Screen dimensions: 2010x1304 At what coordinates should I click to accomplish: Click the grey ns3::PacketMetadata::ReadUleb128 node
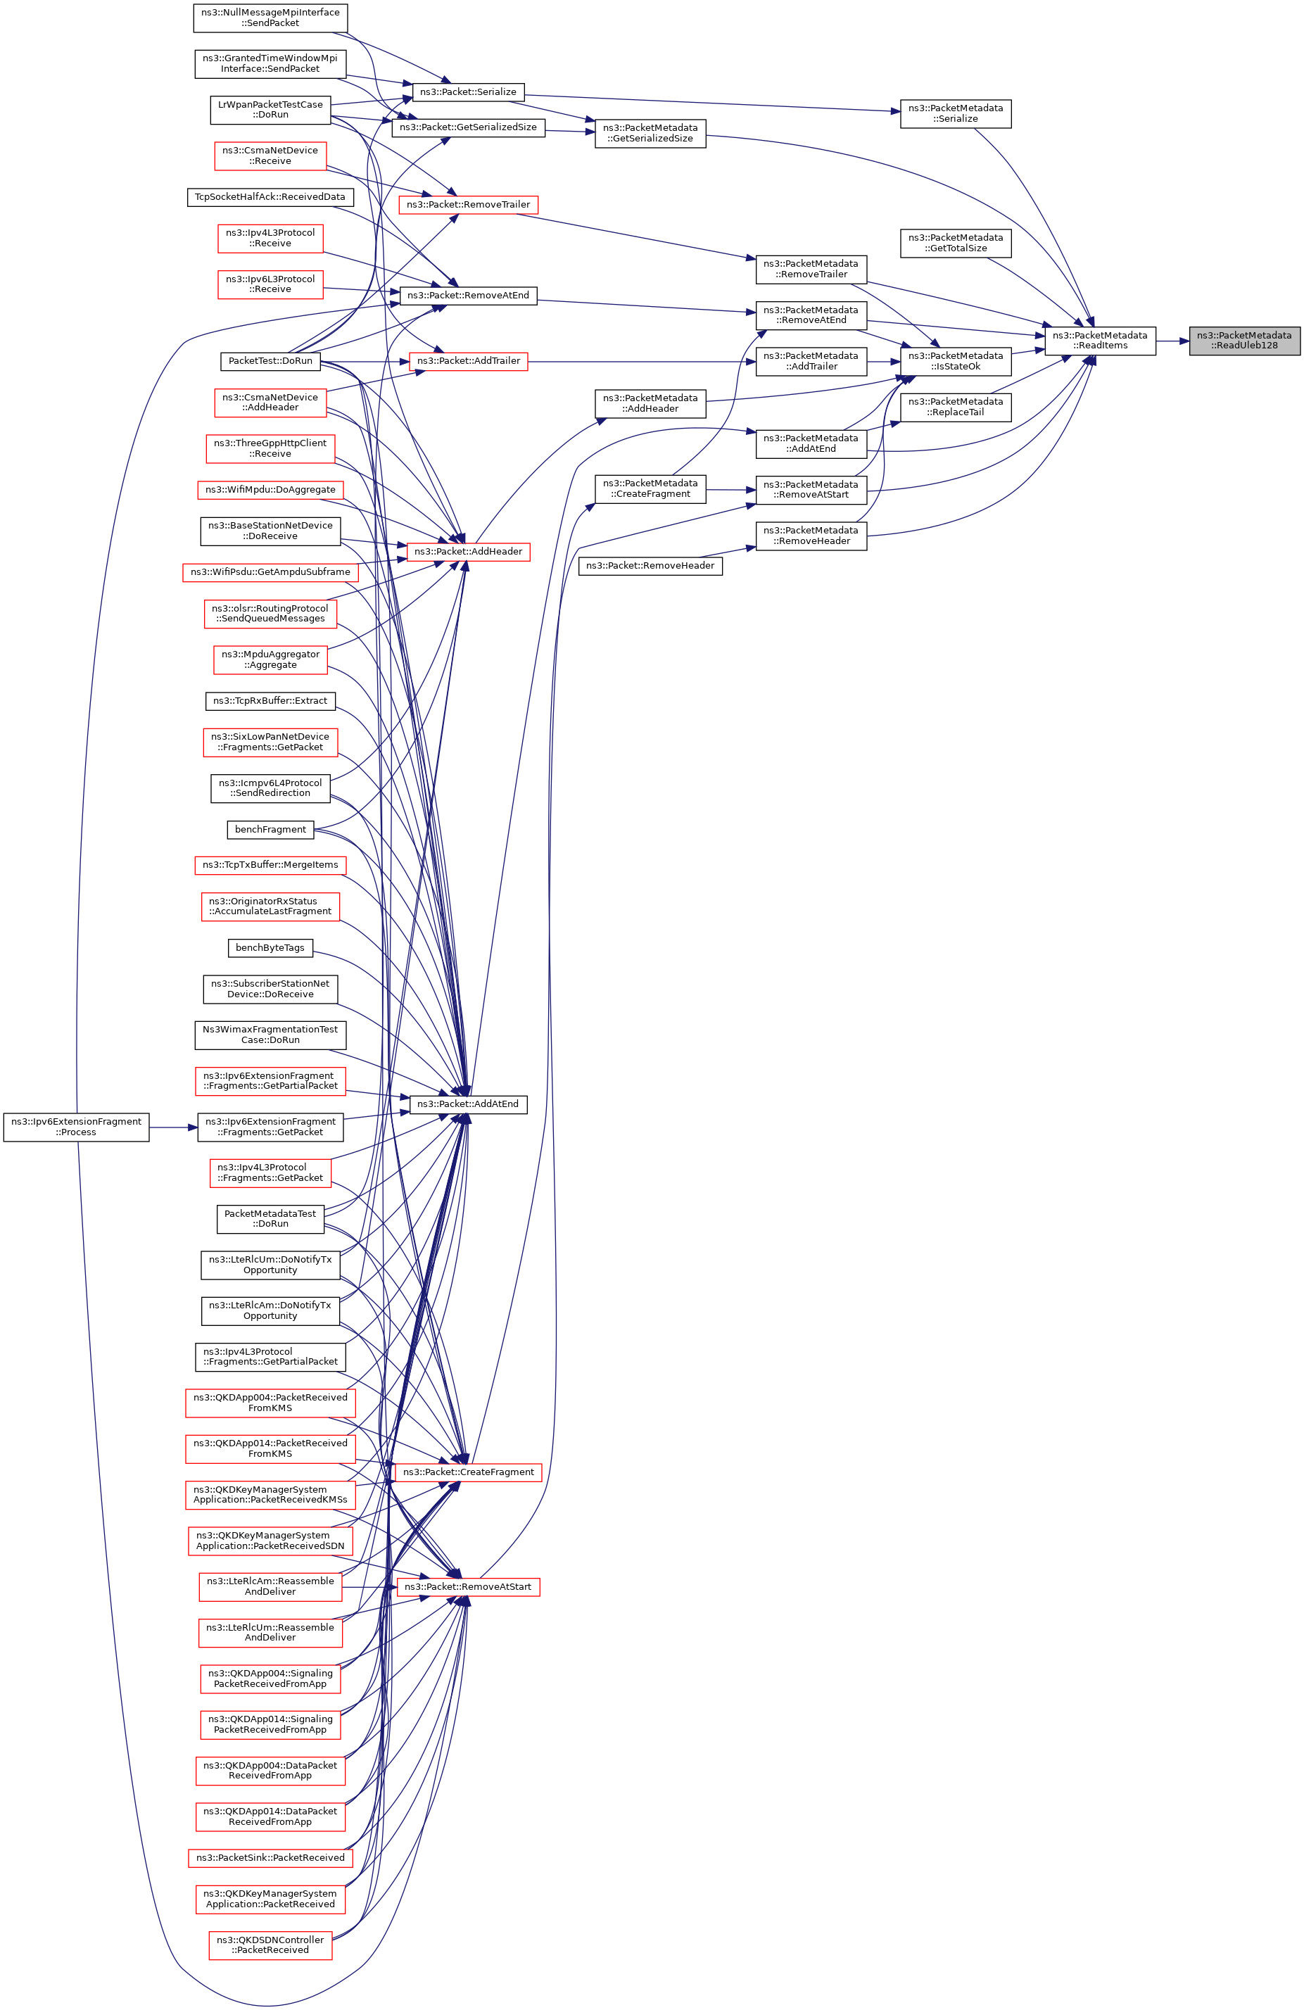coord(1243,341)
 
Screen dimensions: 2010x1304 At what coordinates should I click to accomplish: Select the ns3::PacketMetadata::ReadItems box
coord(1100,341)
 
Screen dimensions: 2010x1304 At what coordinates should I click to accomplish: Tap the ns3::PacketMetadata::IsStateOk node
coord(955,362)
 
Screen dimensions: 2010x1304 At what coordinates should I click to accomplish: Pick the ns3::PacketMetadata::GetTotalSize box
coord(955,244)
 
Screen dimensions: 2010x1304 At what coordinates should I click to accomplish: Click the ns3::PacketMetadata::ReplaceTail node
coord(955,407)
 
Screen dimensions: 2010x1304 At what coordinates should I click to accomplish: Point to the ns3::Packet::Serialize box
coord(468,92)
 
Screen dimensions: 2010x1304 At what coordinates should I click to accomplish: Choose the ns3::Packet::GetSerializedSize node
coord(468,127)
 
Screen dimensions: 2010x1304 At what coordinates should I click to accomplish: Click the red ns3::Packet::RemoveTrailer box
coord(468,204)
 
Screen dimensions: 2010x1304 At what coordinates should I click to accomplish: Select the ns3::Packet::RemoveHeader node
coord(650,566)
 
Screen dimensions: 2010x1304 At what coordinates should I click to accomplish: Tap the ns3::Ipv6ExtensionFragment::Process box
coord(76,1127)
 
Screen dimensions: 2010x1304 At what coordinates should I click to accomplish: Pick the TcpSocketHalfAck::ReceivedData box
coord(270,198)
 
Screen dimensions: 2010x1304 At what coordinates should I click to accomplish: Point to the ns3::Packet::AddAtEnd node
coord(468,1104)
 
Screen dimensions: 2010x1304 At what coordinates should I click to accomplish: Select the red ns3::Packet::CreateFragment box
coord(468,1472)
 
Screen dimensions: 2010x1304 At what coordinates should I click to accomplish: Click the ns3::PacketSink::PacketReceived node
coord(270,1857)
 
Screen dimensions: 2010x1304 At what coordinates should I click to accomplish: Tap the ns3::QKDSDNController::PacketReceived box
coord(270,1945)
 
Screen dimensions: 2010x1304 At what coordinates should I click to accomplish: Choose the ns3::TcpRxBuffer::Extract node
coord(270,701)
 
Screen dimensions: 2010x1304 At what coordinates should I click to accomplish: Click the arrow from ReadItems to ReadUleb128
coord(1172,341)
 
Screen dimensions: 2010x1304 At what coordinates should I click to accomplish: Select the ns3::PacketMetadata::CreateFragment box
coord(650,489)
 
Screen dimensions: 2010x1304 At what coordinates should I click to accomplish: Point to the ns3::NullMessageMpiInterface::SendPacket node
coord(270,18)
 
